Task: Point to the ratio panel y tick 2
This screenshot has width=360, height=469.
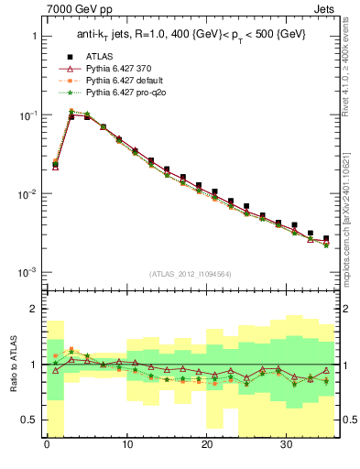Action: pos(34,310)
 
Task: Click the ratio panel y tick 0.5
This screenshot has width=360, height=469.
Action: pos(30,420)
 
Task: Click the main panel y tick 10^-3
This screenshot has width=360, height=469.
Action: pos(27,273)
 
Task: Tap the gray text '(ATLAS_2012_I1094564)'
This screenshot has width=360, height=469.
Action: pos(191,272)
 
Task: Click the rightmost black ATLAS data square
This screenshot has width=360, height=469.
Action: pos(326,238)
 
